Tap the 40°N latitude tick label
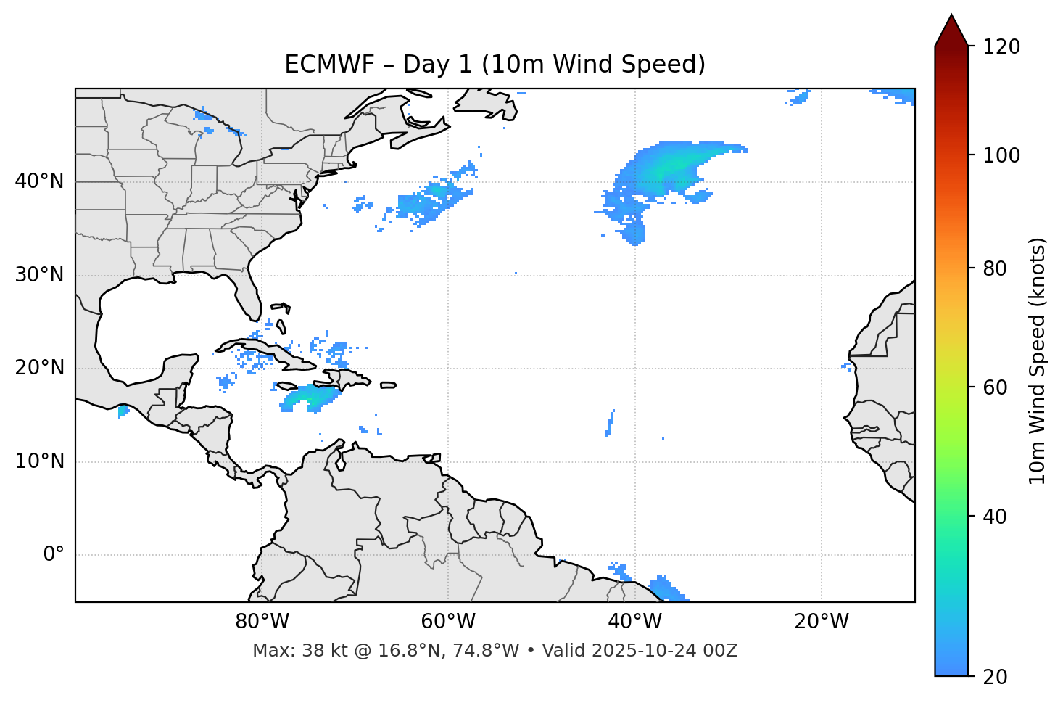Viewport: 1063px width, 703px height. pyautogui.click(x=39, y=181)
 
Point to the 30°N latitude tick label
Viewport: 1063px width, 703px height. pyautogui.click(x=39, y=275)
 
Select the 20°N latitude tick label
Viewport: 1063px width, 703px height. pyautogui.click(x=39, y=368)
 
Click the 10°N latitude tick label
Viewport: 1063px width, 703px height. pyautogui.click(x=39, y=461)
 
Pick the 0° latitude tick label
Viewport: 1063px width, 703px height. pyautogui.click(x=54, y=555)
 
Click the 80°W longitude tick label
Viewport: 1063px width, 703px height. pyautogui.click(x=262, y=622)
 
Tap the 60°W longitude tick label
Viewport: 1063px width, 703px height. pyautogui.click(x=448, y=622)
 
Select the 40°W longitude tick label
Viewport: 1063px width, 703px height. pyautogui.click(x=635, y=622)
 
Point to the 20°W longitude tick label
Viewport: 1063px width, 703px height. pyautogui.click(x=822, y=622)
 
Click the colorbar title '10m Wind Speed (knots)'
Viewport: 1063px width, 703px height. pyautogui.click(x=1038, y=361)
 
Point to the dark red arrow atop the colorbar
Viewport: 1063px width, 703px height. pyautogui.click(x=951, y=30)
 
